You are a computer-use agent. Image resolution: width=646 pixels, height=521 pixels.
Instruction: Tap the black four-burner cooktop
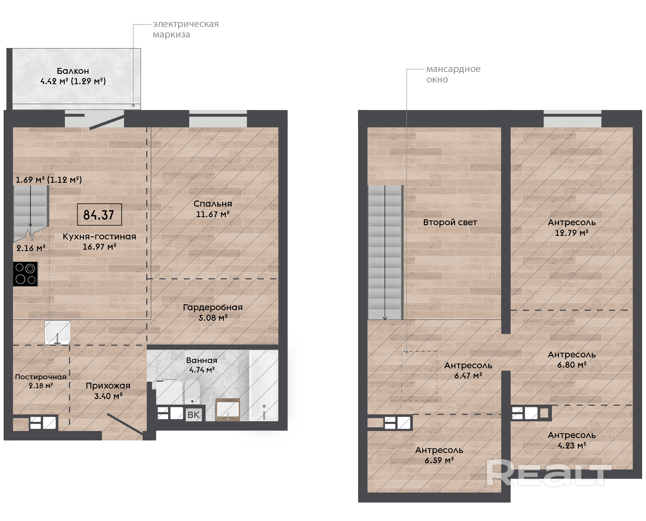click(x=26, y=274)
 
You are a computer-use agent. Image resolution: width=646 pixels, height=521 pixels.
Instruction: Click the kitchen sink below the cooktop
click(x=57, y=333)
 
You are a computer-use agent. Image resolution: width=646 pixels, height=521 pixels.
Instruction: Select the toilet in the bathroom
click(x=192, y=392)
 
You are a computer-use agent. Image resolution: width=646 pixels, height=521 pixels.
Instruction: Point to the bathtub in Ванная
click(x=264, y=386)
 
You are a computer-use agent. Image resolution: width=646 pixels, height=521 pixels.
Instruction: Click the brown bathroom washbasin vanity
click(x=228, y=410)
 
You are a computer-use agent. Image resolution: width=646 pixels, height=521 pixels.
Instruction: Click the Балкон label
click(x=73, y=71)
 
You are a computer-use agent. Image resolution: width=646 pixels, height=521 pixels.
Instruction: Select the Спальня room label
click(x=213, y=204)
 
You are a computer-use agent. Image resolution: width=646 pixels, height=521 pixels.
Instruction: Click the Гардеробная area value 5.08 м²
click(x=213, y=318)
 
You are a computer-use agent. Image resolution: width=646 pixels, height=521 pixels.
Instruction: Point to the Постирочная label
click(x=41, y=377)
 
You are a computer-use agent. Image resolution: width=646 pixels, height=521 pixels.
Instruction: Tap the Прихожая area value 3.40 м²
click(x=109, y=397)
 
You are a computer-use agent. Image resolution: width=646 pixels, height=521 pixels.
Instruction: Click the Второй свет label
click(x=451, y=223)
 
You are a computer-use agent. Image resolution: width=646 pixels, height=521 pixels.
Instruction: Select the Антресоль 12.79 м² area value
click(x=572, y=233)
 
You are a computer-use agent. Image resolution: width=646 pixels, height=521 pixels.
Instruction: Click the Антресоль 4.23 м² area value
click(x=572, y=446)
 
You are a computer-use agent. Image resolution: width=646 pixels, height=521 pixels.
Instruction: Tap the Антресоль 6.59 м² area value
click(x=440, y=461)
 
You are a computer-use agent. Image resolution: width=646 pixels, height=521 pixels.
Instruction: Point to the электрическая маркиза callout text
click(x=186, y=29)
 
